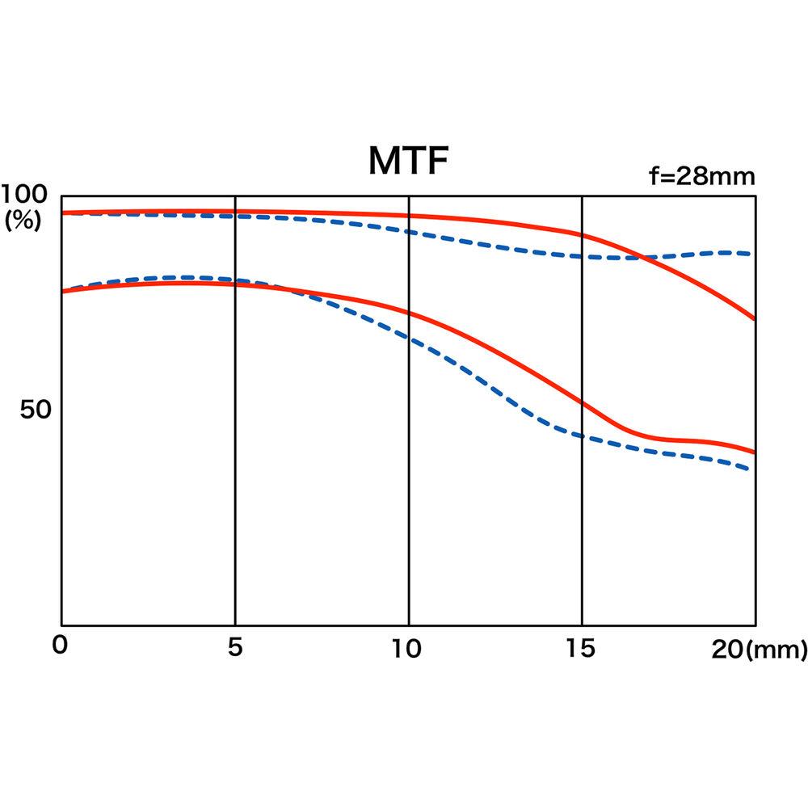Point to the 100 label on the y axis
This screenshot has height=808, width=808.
[27, 195]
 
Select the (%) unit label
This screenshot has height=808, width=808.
[23, 221]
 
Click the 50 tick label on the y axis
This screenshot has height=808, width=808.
[36, 410]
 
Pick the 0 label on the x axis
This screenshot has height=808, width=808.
[59, 648]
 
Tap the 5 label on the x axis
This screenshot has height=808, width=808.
[235, 648]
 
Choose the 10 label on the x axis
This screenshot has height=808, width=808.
[408, 648]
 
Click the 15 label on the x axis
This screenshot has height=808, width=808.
[581, 648]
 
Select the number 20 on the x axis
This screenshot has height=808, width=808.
[730, 648]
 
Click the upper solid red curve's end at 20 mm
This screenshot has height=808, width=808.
[755, 319]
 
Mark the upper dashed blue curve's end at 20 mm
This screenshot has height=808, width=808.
[753, 254]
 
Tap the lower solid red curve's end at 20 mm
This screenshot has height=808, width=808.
[755, 452]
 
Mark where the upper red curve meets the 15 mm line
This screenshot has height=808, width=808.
[582, 235]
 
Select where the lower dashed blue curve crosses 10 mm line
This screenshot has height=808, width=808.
[409, 339]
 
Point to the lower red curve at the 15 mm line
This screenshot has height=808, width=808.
[582, 402]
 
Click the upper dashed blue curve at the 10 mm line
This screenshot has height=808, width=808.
[409, 232]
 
